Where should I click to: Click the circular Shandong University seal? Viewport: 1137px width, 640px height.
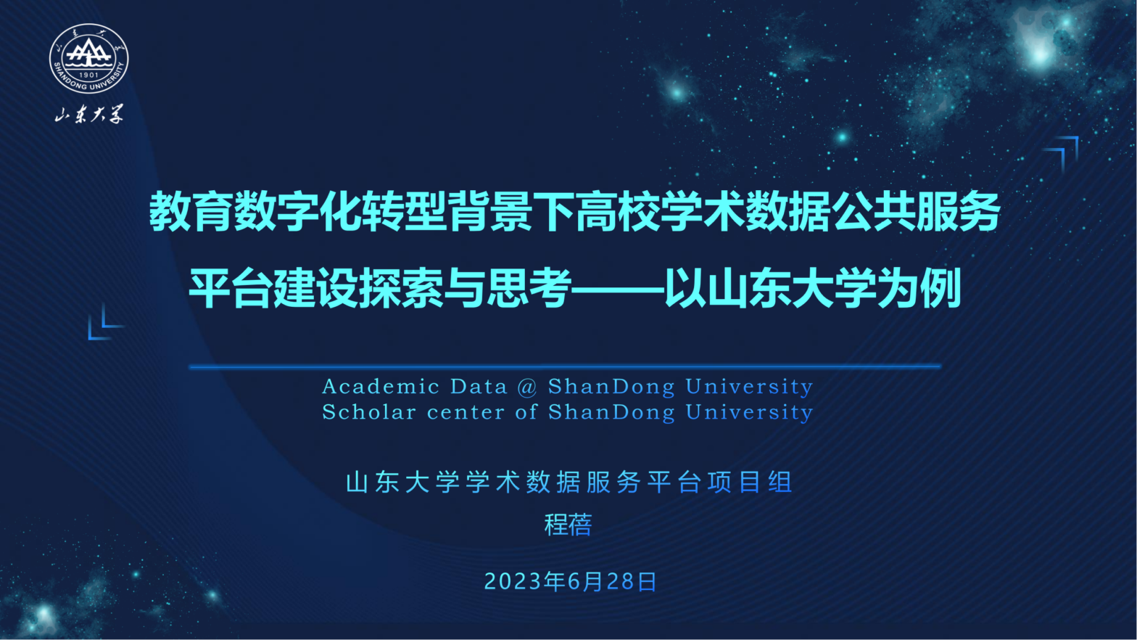click(88, 58)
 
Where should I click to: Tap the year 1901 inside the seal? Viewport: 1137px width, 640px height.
click(88, 75)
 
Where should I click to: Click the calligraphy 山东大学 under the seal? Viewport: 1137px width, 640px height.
click(89, 115)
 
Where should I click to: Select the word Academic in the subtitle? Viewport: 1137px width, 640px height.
click(381, 387)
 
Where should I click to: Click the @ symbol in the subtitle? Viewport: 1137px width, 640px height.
click(527, 387)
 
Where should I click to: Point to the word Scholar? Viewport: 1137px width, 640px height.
click(369, 412)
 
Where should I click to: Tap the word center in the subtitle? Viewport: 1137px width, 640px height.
click(466, 413)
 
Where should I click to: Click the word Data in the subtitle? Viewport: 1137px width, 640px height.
click(479, 387)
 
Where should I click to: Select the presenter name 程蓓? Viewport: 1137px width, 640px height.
click(568, 525)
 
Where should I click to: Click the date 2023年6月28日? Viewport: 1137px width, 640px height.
click(571, 582)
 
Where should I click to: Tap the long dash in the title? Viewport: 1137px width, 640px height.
click(619, 290)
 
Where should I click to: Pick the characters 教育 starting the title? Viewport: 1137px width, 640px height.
click(191, 211)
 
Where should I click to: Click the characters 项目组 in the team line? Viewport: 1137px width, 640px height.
click(751, 482)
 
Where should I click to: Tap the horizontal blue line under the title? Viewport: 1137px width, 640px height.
click(564, 366)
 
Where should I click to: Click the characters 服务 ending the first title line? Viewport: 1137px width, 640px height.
click(958, 211)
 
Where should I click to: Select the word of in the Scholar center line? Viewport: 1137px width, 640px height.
click(526, 412)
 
